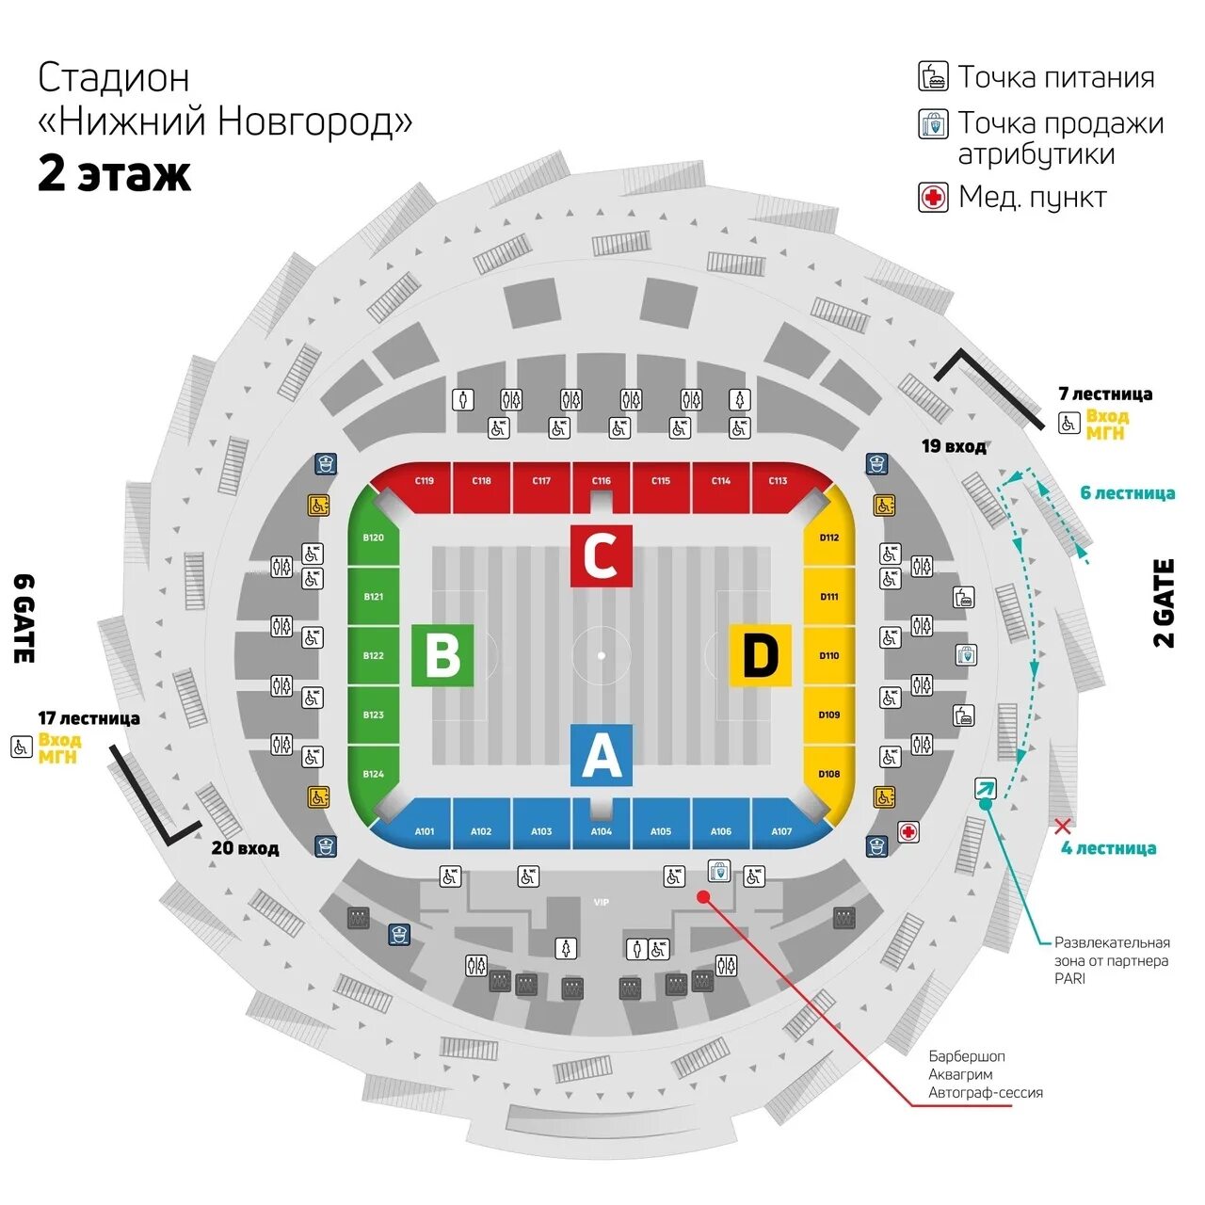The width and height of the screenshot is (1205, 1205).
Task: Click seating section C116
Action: (x=601, y=482)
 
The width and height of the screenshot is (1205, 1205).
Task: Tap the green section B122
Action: (x=373, y=655)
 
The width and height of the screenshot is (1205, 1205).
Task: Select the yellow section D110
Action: (x=828, y=655)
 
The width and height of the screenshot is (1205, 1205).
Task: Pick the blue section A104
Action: (x=601, y=831)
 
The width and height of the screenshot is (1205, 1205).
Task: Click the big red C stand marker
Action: (x=601, y=555)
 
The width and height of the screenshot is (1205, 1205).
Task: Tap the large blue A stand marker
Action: (x=601, y=755)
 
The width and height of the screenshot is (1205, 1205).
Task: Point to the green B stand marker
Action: (x=442, y=655)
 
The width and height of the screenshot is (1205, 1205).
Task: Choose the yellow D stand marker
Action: (x=760, y=655)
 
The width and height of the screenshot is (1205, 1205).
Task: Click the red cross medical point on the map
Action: (x=908, y=831)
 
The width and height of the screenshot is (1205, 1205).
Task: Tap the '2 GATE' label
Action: (x=1165, y=603)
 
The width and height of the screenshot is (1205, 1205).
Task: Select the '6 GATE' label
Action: (x=24, y=618)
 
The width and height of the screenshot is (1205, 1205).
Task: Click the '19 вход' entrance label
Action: (x=954, y=446)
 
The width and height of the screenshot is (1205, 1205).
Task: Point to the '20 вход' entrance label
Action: (x=245, y=848)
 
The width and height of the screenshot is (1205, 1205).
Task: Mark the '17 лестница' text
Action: (x=88, y=718)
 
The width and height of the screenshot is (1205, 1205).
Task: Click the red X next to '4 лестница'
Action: (x=1063, y=827)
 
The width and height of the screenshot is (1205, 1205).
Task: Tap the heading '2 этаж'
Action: (x=114, y=174)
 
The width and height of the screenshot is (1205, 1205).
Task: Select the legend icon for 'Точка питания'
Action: (x=933, y=75)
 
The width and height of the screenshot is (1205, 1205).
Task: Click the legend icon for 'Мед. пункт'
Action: (x=933, y=197)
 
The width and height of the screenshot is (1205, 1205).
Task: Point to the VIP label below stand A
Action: (x=601, y=902)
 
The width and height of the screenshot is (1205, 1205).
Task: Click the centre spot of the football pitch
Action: (x=601, y=655)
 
